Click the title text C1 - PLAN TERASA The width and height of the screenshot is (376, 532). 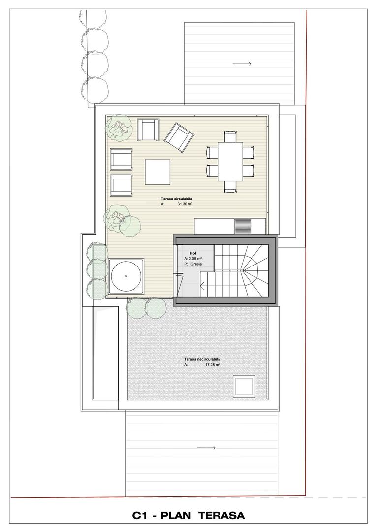click(x=188, y=516)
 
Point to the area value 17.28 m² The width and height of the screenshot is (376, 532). click(x=210, y=365)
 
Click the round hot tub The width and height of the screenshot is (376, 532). click(x=126, y=276)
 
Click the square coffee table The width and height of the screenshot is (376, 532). click(x=157, y=172)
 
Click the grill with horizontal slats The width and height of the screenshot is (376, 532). click(x=242, y=226)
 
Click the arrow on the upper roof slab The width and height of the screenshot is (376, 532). click(x=242, y=64)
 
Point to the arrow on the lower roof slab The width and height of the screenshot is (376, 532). click(x=206, y=448)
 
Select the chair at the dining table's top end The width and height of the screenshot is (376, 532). click(x=231, y=135)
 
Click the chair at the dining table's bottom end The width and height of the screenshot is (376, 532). click(x=231, y=186)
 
